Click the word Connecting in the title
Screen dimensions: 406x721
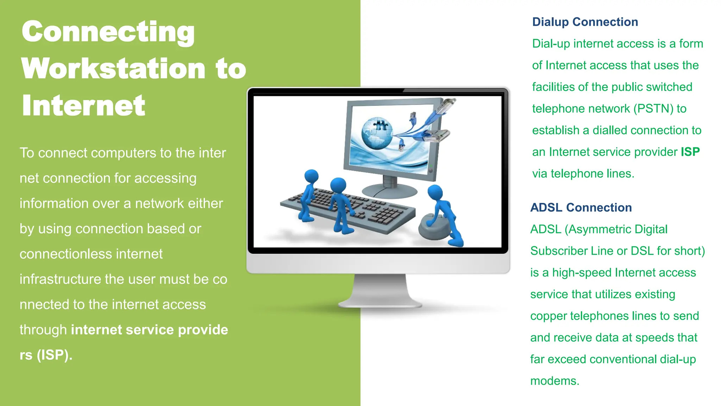pyautogui.click(x=108, y=32)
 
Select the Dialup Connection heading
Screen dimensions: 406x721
pyautogui.click(x=585, y=22)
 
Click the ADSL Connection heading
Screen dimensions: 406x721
pyautogui.click(x=581, y=208)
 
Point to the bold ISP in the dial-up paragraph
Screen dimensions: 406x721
pyautogui.click(x=690, y=152)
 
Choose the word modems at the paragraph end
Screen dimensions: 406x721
pyautogui.click(x=554, y=381)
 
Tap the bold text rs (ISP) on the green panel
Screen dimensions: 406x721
pyautogui.click(x=46, y=355)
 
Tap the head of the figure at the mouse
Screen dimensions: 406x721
pyautogui.click(x=435, y=192)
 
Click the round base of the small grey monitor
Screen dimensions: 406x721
pyautogui.click(x=389, y=192)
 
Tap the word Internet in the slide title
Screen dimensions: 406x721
pyautogui.click(x=83, y=105)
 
